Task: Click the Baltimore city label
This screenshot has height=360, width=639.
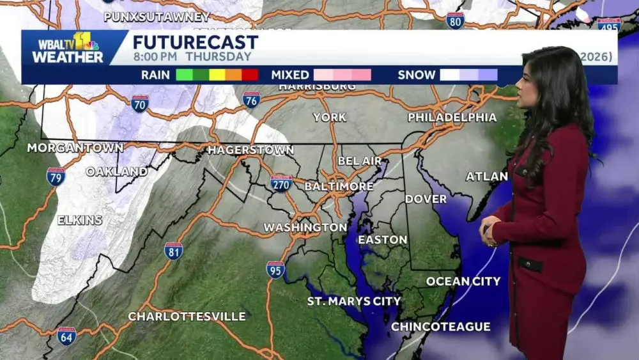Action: (x=339, y=186)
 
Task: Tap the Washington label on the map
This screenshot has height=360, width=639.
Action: (x=305, y=227)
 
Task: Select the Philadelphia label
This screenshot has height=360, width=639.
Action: (x=452, y=117)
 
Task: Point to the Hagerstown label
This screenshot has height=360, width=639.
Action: (x=250, y=150)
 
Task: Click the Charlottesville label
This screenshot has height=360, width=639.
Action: (x=187, y=317)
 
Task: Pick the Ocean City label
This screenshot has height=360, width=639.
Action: (x=463, y=281)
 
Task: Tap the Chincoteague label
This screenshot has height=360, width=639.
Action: (x=441, y=327)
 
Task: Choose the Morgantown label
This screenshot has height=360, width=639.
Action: (x=75, y=148)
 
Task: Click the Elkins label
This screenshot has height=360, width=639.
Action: (x=80, y=220)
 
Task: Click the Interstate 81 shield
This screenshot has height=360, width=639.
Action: (x=173, y=251)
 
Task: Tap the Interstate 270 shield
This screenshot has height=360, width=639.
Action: (x=281, y=184)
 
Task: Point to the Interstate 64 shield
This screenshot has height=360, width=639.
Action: (x=66, y=336)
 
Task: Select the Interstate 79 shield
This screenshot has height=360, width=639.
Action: (x=56, y=176)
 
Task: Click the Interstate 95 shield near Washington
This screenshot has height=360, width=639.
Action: (x=275, y=269)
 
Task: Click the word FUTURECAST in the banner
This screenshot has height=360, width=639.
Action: (x=196, y=43)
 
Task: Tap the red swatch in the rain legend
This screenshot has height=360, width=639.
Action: (x=250, y=75)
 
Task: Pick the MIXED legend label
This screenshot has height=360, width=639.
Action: (x=290, y=75)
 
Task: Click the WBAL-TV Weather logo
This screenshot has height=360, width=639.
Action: (x=68, y=48)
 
